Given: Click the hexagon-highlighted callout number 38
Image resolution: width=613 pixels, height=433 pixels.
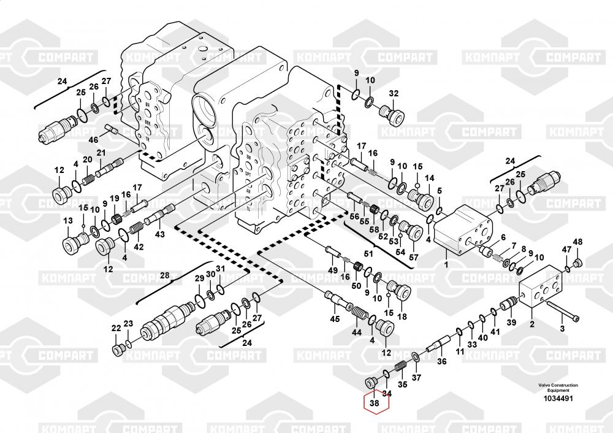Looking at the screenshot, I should coord(375,404).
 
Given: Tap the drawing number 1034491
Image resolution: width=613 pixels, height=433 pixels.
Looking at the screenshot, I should coord(557,399).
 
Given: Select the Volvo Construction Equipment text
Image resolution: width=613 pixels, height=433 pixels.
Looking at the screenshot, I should coord(557,388).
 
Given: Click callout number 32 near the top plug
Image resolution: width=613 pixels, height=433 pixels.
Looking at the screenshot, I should coord(394,94).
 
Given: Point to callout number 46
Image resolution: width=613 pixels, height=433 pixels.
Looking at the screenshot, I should coord(93,140).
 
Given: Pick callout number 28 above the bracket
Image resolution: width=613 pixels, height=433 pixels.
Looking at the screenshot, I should coord(164,275).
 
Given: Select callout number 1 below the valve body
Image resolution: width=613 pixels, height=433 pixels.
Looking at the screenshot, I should coord(446,264).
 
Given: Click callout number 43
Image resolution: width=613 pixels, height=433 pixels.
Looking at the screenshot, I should coord(159,234).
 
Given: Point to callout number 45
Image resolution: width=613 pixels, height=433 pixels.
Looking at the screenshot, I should coord(335,318).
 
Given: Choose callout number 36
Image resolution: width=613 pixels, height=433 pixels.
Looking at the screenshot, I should coord(442,362).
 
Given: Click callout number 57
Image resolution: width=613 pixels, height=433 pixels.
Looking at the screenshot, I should coord(413,257).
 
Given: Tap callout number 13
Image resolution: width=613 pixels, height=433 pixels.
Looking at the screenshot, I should coord(67,221).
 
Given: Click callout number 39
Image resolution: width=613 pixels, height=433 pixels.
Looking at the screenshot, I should coord(511,323).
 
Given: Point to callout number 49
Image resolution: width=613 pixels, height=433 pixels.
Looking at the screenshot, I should coord(333,270).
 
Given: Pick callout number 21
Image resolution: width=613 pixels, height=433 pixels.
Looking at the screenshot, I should coord(101,153).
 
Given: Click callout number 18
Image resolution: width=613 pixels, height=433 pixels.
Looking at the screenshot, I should coord(402,316).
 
